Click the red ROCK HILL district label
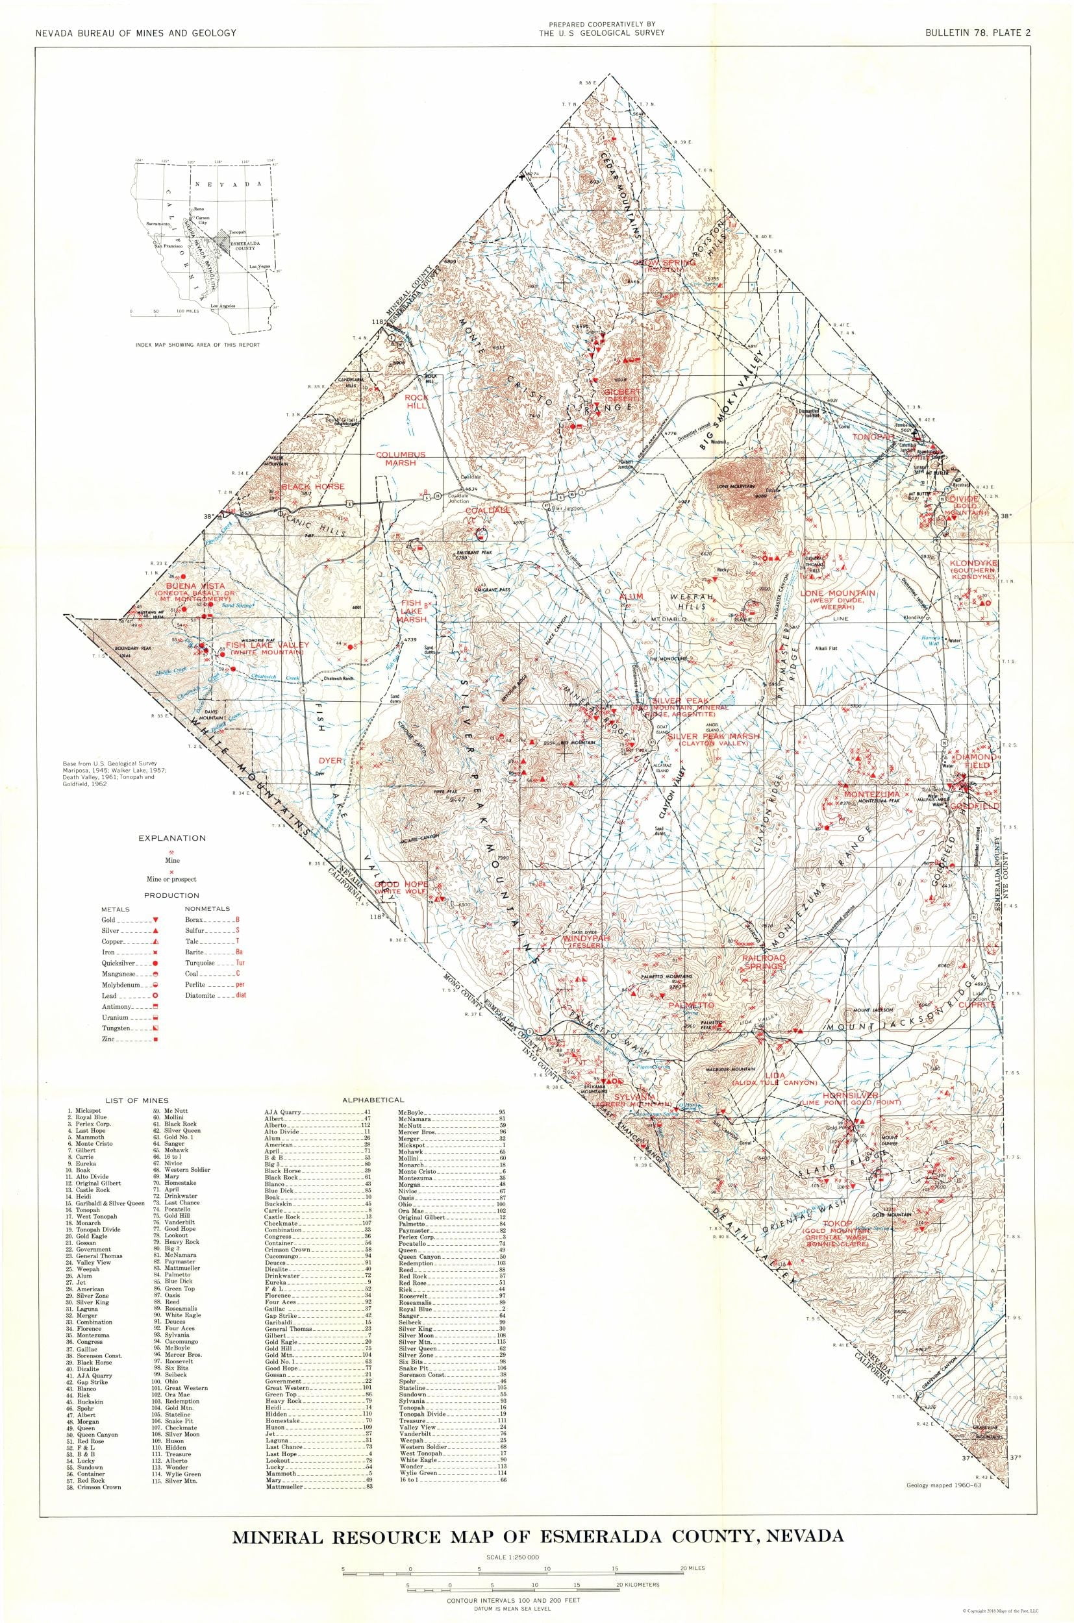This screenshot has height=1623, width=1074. (x=416, y=401)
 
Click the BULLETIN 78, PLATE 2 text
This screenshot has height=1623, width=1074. (x=980, y=33)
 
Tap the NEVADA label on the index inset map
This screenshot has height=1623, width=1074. (x=228, y=184)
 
